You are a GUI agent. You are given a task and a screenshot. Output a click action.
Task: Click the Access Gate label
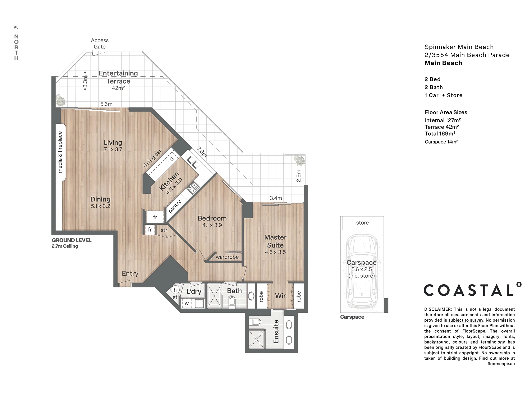100,43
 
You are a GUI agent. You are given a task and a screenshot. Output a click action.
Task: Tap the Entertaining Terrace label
118,77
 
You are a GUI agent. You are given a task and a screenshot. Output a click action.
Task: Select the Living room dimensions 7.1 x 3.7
113,149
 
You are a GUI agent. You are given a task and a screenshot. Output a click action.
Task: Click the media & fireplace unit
60,152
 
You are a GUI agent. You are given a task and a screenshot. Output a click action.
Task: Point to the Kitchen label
169,181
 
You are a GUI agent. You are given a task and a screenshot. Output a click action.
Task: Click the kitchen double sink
193,162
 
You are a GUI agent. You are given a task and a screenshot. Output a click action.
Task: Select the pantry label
175,206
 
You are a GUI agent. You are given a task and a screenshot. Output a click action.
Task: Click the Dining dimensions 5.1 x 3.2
101,206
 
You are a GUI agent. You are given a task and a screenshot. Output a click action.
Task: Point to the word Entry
130,273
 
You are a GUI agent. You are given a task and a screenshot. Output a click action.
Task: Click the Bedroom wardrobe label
227,257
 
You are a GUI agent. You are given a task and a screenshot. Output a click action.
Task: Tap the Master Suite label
275,241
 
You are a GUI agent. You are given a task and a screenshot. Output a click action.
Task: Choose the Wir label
280,296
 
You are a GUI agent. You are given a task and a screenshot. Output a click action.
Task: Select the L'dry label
194,291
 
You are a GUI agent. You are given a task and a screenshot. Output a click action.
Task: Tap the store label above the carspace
362,223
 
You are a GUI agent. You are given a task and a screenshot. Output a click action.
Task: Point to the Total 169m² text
440,134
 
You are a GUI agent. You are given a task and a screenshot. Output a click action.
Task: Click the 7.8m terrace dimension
202,152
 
